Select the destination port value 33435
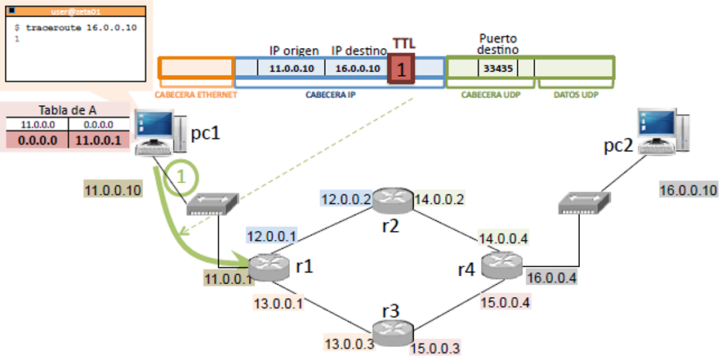[497, 68]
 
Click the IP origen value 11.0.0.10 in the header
[292, 68]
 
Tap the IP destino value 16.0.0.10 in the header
[358, 68]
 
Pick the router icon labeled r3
[392, 328]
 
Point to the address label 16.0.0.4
[553, 278]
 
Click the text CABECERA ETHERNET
[196, 95]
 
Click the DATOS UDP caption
[577, 95]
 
